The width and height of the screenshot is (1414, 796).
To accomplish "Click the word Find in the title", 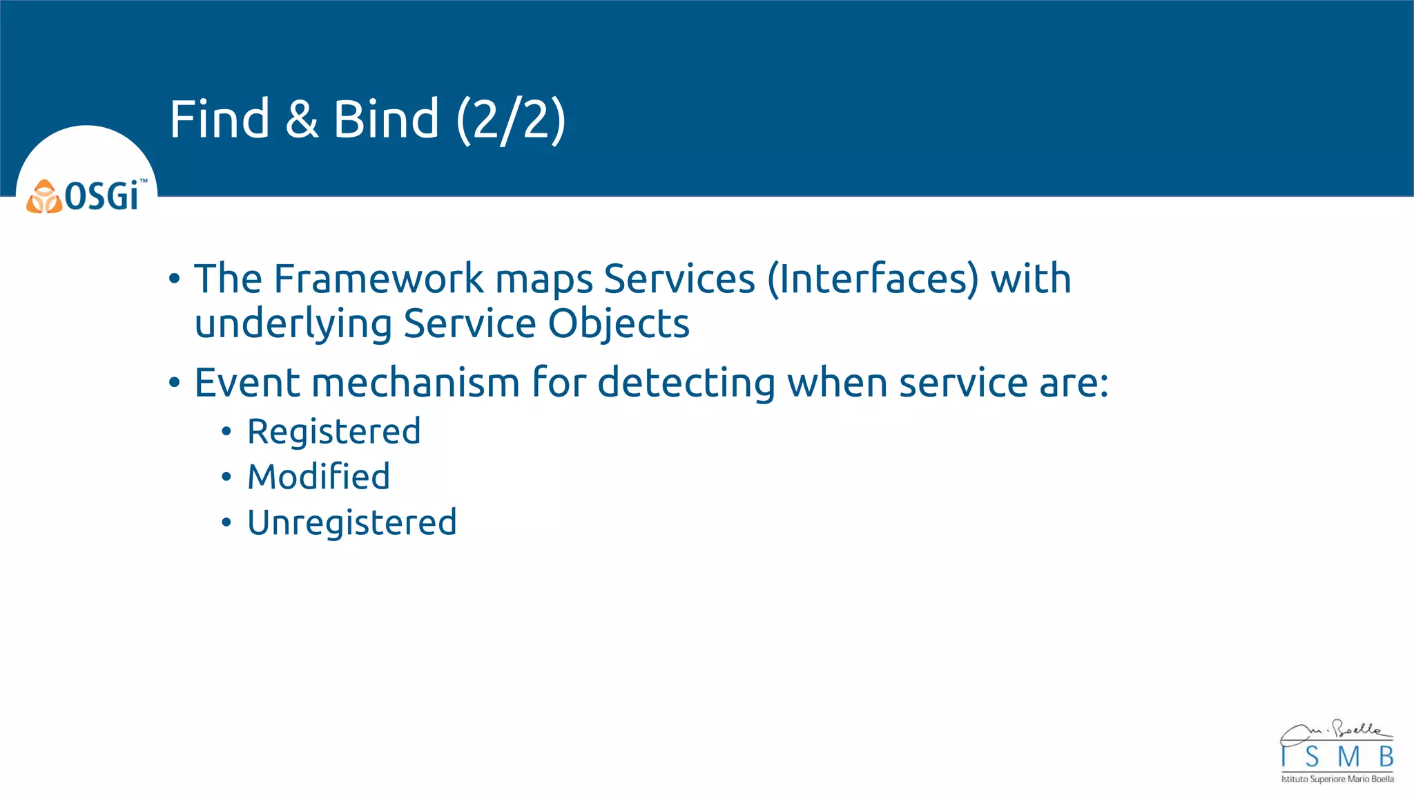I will (220, 119).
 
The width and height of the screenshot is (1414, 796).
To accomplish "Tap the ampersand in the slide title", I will (302, 119).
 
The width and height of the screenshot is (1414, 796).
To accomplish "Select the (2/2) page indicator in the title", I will (511, 120).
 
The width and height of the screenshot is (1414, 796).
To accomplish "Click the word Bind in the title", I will (386, 119).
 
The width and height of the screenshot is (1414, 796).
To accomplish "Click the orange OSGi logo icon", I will (44, 197).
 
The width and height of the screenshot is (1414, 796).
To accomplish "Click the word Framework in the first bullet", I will (378, 279).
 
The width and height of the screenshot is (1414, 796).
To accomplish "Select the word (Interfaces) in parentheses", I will (873, 279).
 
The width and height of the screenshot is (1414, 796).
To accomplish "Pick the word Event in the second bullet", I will (246, 383).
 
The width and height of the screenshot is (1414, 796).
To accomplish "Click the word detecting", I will (686, 384).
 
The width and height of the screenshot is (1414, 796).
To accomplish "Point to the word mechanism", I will (415, 383).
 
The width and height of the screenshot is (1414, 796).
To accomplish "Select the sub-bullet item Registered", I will (333, 433).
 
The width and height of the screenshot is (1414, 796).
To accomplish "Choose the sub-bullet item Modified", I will (318, 477).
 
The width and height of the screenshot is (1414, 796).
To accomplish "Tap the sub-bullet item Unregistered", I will (351, 523).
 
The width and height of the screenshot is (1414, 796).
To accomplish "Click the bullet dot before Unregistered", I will (226, 523).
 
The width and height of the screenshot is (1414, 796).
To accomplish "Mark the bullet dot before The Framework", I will (174, 280).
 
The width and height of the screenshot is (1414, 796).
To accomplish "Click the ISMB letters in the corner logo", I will (1337, 757).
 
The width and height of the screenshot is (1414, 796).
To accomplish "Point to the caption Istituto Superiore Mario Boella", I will (1337, 779).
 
